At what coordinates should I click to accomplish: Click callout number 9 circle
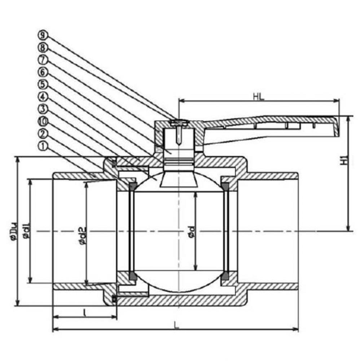pyautogui.click(x=43, y=35)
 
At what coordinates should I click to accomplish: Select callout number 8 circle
pyautogui.click(x=43, y=47)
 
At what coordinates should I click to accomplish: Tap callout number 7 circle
pyautogui.click(x=43, y=60)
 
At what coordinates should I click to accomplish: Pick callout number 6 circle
pyautogui.click(x=43, y=72)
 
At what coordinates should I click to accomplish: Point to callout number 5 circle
pyautogui.click(x=43, y=84)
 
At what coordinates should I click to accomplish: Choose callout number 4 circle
pyautogui.click(x=43, y=97)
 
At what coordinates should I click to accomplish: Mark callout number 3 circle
pyautogui.click(x=43, y=109)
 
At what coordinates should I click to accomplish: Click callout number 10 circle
pyautogui.click(x=43, y=121)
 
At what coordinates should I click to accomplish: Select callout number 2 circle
pyautogui.click(x=43, y=134)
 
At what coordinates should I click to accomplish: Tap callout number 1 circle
pyautogui.click(x=43, y=146)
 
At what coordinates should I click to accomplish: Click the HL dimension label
pyautogui.click(x=258, y=96)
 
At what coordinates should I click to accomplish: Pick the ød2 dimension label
pyautogui.click(x=82, y=235)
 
